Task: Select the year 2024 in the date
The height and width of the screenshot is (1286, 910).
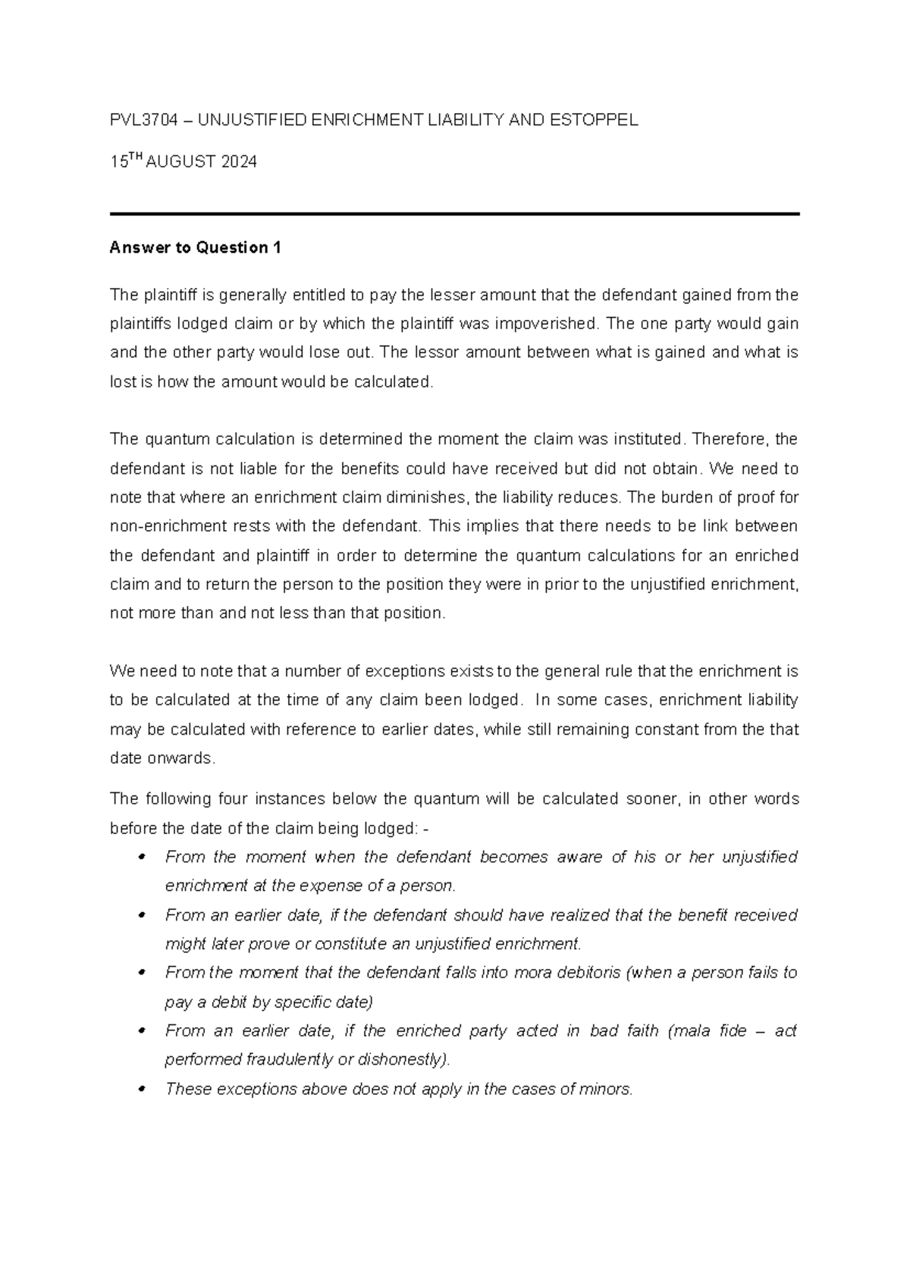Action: (237, 162)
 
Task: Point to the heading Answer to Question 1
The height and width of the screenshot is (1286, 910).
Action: (195, 248)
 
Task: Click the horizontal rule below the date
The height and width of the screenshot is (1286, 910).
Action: (455, 215)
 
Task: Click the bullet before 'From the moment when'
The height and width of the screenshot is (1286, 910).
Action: (142, 858)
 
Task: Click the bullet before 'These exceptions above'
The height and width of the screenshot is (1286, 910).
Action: (142, 1090)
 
